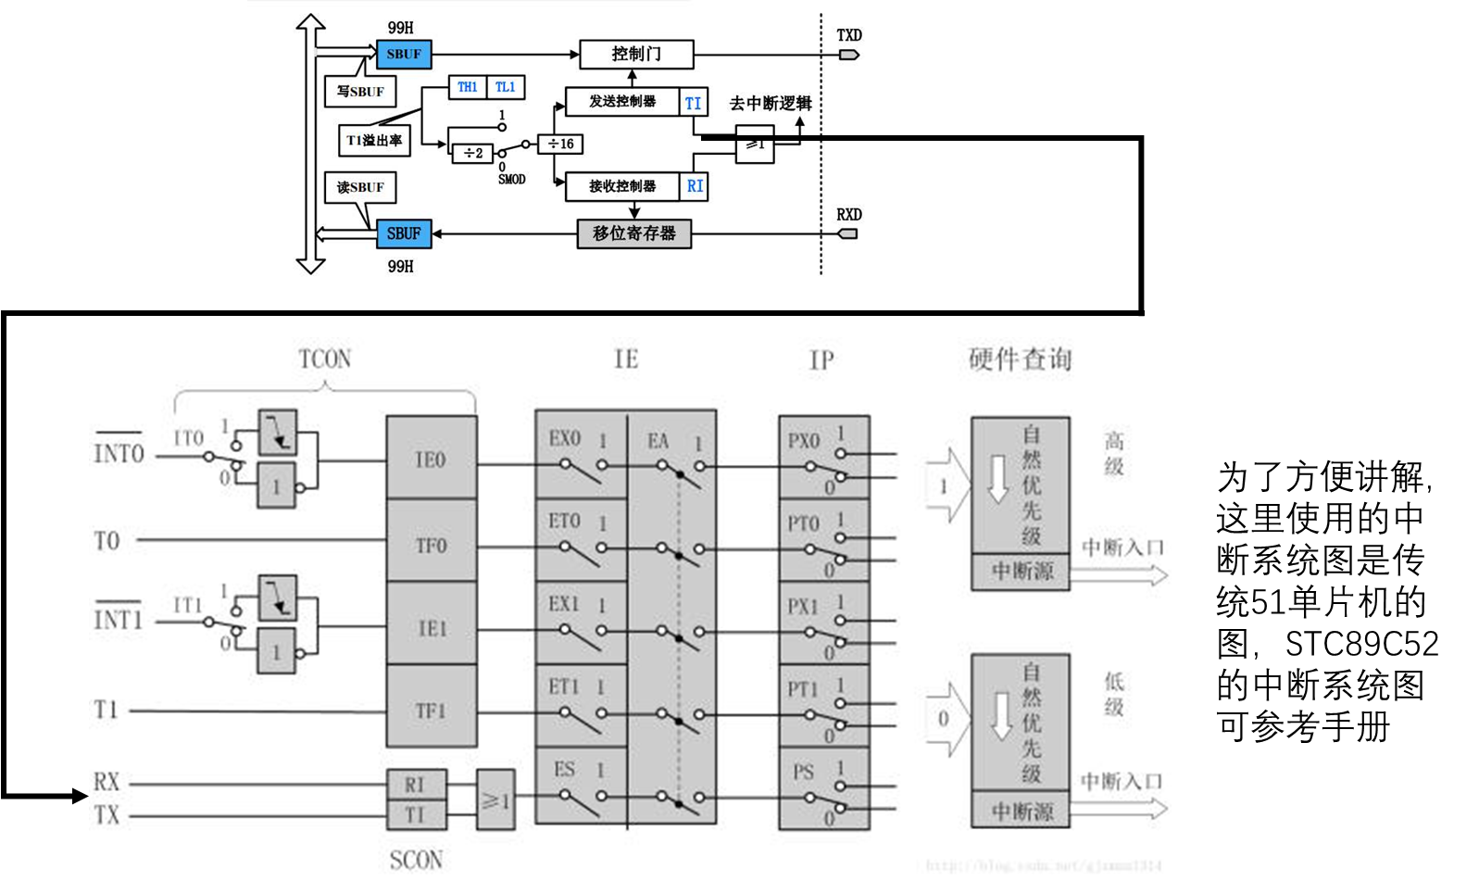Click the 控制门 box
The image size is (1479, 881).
point(635,54)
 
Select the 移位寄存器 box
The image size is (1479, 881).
point(634,233)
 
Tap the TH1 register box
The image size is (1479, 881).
point(468,87)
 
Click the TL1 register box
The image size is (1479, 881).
point(506,87)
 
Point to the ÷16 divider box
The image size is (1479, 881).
point(560,144)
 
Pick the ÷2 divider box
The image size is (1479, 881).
point(472,153)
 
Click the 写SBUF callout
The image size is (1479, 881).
point(360,92)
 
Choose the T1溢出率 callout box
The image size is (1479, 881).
point(374,141)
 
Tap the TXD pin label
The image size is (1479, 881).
point(849,35)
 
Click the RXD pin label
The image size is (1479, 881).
point(849,215)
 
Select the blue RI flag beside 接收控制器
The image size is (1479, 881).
point(695,186)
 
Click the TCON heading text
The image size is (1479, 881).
point(325,359)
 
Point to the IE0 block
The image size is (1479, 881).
point(431,459)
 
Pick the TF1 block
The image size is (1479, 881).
point(431,711)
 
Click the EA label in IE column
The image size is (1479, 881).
point(658,441)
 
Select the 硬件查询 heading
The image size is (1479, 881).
point(1020,359)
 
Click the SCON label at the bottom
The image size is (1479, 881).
point(416,861)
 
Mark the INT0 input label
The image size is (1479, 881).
point(119,453)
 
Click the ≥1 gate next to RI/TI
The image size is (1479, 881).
point(495,799)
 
